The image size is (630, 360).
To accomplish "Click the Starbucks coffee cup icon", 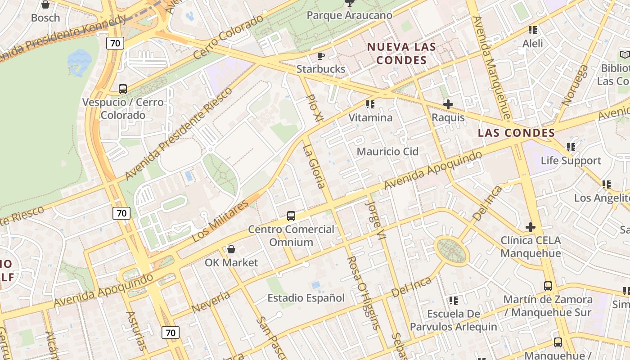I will point(320,56).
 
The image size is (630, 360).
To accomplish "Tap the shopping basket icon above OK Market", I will point(231,249).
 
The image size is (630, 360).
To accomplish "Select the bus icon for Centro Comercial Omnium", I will point(291,216).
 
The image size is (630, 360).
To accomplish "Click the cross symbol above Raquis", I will point(448,105).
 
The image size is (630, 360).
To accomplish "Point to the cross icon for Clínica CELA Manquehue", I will point(531,227).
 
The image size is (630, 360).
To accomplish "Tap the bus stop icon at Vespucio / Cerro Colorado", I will point(122,89).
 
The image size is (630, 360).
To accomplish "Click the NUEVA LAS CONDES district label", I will point(401,53).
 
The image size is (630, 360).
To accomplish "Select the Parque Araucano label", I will point(349,15).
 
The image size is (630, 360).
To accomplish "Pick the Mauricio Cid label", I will point(387,152).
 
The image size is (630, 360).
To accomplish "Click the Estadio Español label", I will point(306,298).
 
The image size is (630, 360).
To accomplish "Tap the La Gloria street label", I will point(314,166).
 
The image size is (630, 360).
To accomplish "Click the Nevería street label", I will point(211,302).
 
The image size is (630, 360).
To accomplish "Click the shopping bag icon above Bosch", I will point(45,5).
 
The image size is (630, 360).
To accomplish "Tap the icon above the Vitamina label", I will point(370,105).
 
